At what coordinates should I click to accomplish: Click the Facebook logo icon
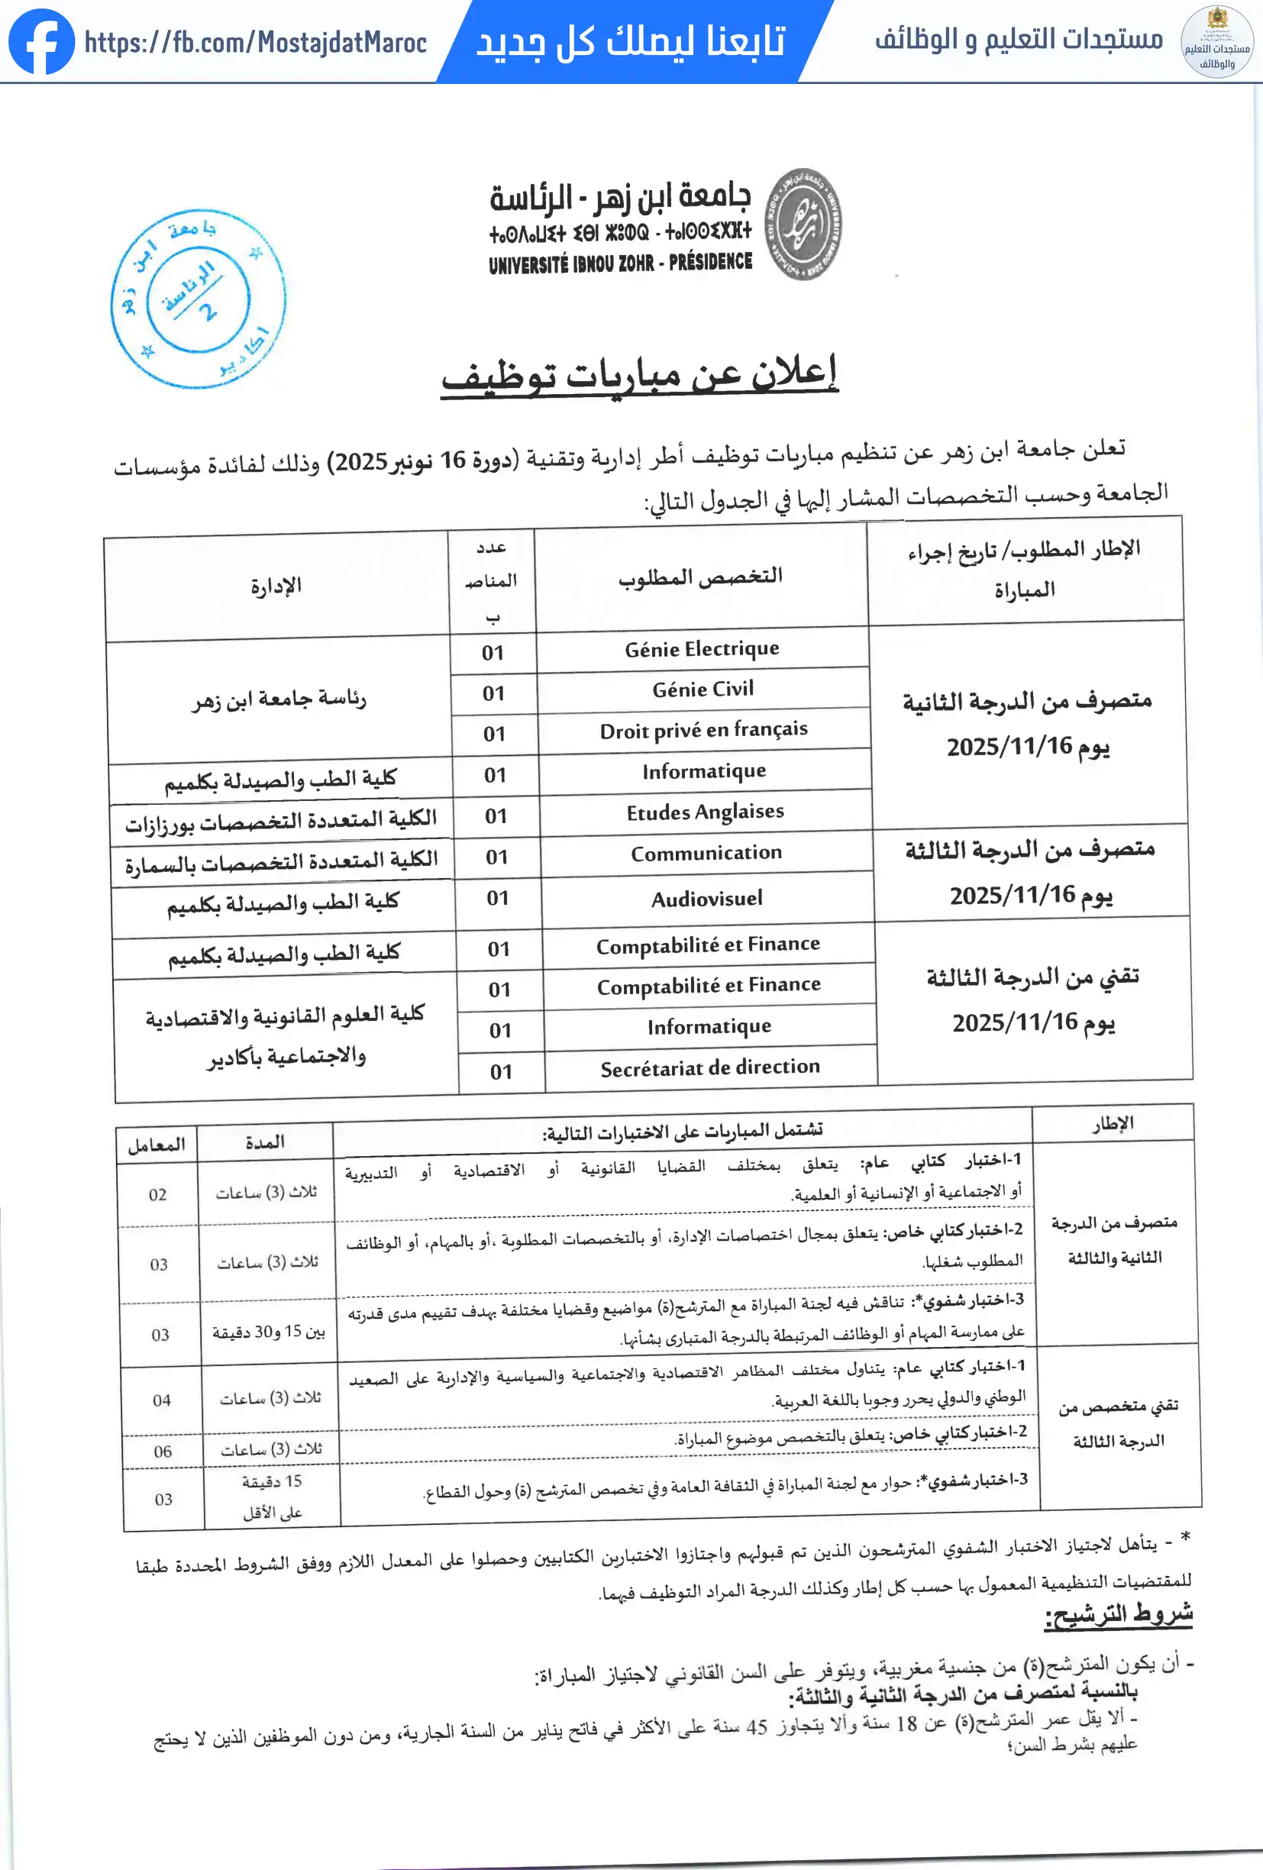41,41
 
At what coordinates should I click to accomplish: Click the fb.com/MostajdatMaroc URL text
255,42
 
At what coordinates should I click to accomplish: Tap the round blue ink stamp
198,299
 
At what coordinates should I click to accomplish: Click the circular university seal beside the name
802,224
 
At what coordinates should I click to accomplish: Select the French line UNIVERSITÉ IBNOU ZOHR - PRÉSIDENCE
620,263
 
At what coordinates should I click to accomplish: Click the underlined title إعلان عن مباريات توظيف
640,373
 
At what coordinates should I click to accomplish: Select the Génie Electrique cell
702,648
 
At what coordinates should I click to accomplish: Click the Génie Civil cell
703,690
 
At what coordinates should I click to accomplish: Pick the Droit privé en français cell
703,731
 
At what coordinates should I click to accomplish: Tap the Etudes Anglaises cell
705,812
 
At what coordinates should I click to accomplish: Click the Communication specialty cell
706,853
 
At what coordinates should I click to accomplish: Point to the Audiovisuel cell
706,899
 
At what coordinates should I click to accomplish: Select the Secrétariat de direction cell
709,1067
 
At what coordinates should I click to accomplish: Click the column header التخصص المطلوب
700,577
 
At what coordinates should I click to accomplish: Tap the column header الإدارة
276,586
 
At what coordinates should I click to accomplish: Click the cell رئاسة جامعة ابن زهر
279,699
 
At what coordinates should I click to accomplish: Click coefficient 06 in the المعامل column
163,1452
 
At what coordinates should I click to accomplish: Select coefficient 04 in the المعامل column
162,1400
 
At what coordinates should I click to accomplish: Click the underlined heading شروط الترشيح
1117,1614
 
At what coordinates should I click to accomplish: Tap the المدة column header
265,1142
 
